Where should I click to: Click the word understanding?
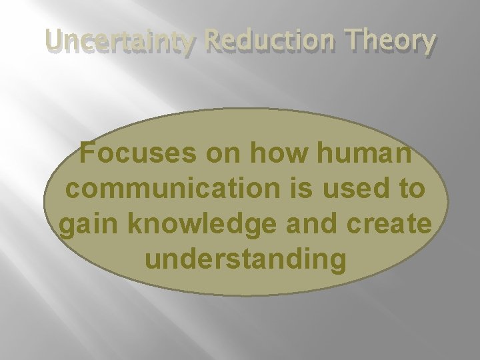pyautogui.click(x=245, y=259)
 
